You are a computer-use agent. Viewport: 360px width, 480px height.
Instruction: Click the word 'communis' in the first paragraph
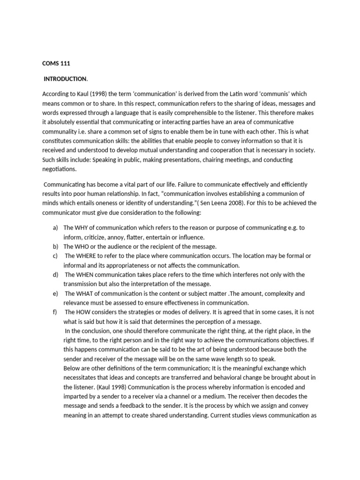(x=270, y=94)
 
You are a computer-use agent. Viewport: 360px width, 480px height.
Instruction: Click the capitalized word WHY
(x=82, y=228)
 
